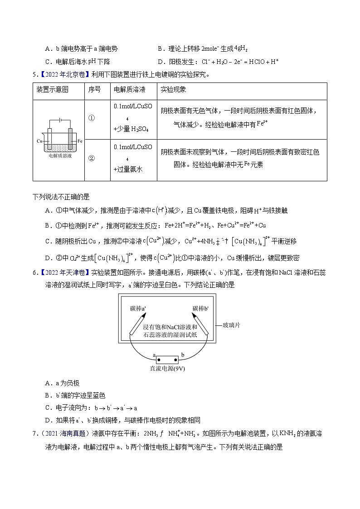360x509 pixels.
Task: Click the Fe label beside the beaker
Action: (x=80, y=141)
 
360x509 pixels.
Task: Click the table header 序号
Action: (x=94, y=90)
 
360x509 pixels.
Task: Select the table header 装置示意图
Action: (x=52, y=90)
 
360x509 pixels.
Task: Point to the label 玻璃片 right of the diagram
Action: (x=232, y=325)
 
